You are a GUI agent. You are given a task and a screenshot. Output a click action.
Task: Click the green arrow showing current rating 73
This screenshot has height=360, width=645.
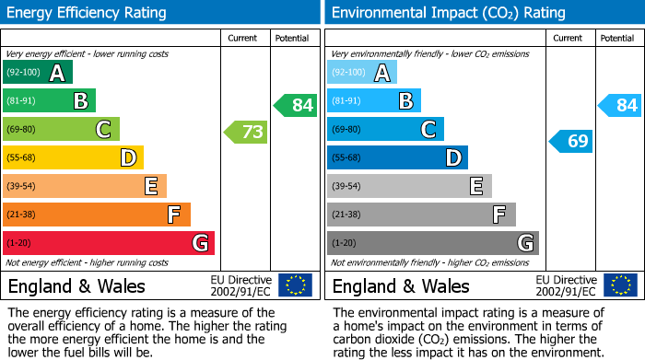click(x=246, y=133)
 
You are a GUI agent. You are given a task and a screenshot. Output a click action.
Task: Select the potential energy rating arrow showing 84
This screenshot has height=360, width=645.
click(x=296, y=105)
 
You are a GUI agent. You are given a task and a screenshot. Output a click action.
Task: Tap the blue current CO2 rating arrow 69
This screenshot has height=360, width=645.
click(x=571, y=141)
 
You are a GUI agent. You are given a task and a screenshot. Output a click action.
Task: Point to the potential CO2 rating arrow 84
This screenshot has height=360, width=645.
click(x=620, y=105)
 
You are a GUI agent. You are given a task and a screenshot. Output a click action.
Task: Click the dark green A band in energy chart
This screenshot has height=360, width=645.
click(x=38, y=73)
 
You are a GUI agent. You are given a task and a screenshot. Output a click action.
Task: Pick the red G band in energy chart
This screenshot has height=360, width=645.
click(x=109, y=243)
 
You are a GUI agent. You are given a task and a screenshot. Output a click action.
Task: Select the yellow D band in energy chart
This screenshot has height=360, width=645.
click(x=73, y=157)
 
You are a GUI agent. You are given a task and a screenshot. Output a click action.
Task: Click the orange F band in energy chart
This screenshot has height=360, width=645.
click(x=97, y=215)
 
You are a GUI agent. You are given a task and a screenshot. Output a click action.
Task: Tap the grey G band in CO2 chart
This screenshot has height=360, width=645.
click(x=432, y=243)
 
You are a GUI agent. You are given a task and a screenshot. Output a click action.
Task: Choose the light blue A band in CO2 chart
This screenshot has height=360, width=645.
click(x=362, y=73)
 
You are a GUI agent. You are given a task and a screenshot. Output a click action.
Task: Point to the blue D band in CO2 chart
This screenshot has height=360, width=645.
click(x=397, y=157)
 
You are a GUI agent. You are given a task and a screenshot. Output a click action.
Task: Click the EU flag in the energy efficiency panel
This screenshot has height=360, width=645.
click(x=295, y=285)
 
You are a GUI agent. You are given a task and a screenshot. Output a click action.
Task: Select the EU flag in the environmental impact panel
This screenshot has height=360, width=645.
click(x=620, y=285)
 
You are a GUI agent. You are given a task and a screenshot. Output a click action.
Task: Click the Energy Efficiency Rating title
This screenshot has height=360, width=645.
click(x=88, y=13)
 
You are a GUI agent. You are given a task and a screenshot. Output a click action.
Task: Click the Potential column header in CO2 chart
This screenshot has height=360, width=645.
click(x=617, y=38)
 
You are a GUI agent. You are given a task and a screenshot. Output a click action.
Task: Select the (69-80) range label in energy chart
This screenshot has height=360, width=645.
click(x=21, y=129)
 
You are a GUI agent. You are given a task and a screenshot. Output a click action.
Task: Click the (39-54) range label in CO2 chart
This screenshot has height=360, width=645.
click(x=346, y=186)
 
